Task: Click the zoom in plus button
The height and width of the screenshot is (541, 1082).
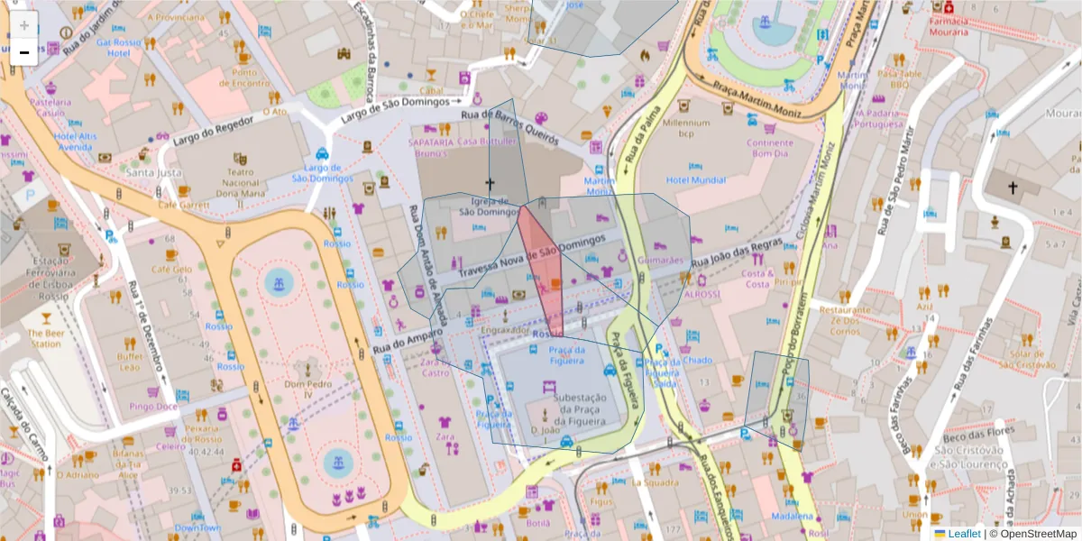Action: (24, 25)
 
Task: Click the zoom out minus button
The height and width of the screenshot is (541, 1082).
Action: (24, 52)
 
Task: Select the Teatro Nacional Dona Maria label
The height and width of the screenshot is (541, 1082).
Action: (238, 181)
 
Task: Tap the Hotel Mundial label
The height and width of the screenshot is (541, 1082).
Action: (695, 180)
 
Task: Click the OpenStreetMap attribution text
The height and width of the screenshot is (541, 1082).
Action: (1034, 534)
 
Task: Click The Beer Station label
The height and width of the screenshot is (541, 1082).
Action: (44, 338)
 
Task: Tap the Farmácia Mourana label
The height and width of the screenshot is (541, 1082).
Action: (960, 26)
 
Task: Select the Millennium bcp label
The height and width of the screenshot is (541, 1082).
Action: (686, 128)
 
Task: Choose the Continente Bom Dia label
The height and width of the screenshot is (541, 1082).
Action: (769, 148)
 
